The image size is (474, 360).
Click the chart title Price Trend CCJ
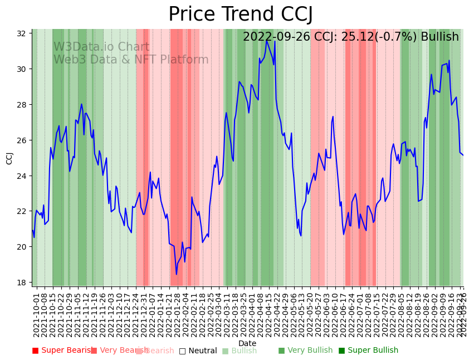tap(240, 14)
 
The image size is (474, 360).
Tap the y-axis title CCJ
tap(9, 158)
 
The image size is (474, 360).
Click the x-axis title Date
tap(247, 343)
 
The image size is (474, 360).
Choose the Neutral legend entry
tap(198, 351)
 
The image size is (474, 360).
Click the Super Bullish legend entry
tap(368, 351)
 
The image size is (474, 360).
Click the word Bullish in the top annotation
tap(439, 37)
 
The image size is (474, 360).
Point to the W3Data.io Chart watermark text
tap(101, 47)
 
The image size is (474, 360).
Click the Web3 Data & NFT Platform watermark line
tap(131, 60)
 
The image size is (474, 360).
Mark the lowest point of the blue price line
tap(177, 274)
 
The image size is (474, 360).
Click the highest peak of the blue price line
tap(267, 40)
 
